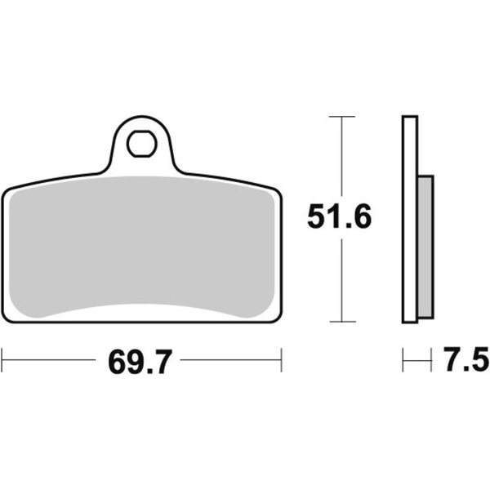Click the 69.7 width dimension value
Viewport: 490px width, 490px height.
(x=140, y=362)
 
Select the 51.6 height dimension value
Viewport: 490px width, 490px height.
(x=340, y=216)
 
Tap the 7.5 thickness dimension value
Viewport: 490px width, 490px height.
(x=466, y=359)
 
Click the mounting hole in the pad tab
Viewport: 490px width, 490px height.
(x=141, y=144)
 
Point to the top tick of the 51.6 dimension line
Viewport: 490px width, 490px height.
(x=342, y=117)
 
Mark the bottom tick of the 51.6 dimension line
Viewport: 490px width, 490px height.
(x=342, y=321)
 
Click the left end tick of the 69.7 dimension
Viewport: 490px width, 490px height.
(x=2, y=360)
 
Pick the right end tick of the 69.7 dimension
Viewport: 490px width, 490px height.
(x=281, y=360)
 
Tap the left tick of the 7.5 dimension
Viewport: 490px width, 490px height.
(x=403, y=360)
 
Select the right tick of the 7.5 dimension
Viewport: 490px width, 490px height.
(x=431, y=360)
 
